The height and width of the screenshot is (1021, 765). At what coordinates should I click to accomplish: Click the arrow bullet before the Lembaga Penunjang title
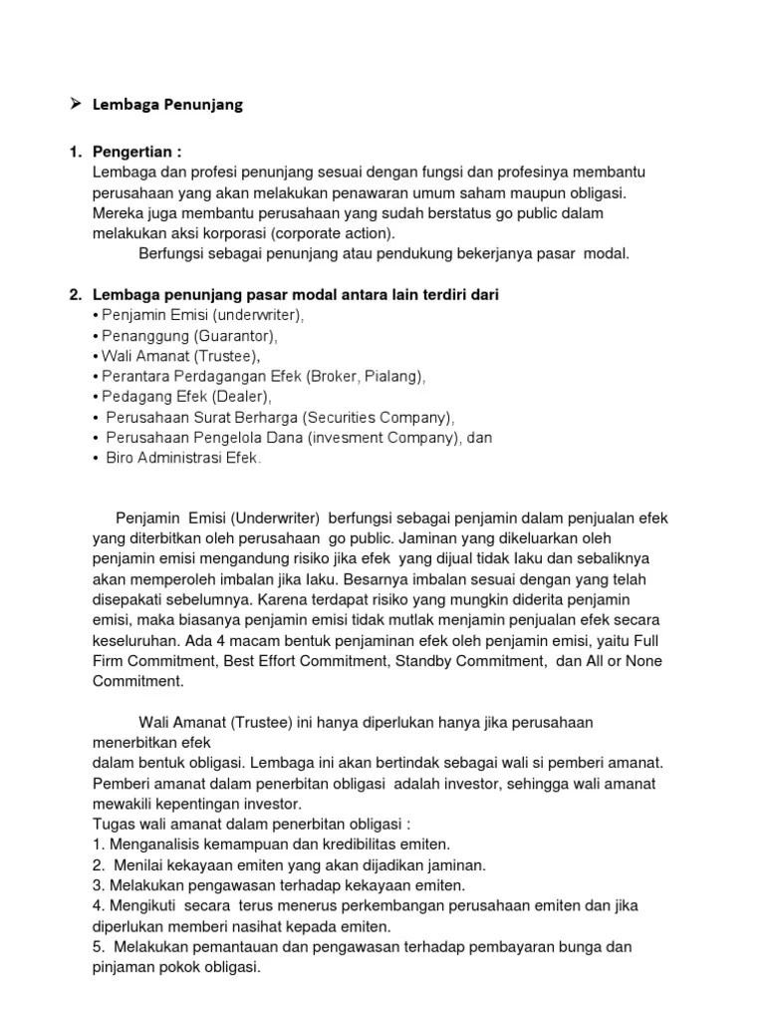tap(75, 104)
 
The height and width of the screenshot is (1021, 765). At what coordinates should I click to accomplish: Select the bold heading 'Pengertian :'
tap(137, 153)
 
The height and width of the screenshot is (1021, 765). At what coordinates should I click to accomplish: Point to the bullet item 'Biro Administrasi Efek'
tap(183, 458)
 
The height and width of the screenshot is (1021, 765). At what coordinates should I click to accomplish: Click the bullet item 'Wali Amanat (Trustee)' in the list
tap(182, 356)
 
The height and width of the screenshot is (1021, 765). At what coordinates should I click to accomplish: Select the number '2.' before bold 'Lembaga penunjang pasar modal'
tap(76, 294)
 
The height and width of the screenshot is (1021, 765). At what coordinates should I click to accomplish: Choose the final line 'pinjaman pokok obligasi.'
tap(176, 966)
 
